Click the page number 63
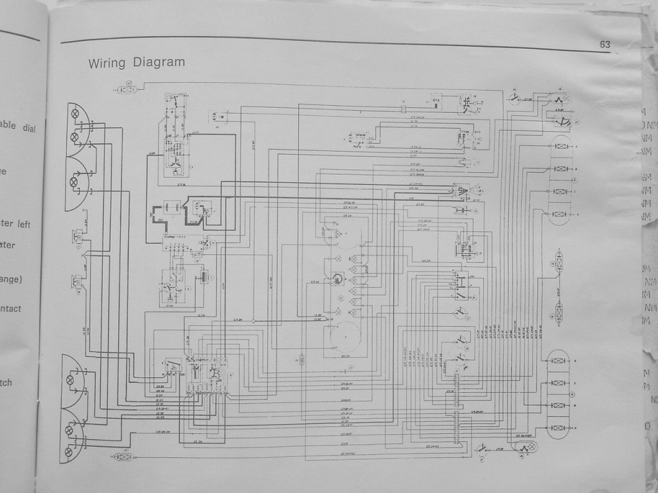click(x=605, y=44)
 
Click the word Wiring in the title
click(x=108, y=63)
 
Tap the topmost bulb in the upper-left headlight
click(x=75, y=114)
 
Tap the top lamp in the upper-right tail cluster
click(x=559, y=147)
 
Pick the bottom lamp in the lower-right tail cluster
click(x=559, y=428)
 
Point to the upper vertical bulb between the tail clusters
click(x=559, y=263)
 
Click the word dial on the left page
click(x=30, y=128)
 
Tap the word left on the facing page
click(x=24, y=224)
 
